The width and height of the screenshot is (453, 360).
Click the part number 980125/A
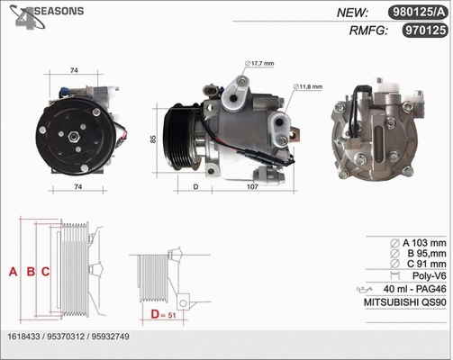pos(419,13)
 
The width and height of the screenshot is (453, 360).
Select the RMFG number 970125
pos(423,31)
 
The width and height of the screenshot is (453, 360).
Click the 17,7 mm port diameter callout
pos(264,63)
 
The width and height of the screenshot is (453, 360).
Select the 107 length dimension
pos(252,186)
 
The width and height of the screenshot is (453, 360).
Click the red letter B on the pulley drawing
pos(30,271)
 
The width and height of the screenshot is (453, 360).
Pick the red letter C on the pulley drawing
pos(44,271)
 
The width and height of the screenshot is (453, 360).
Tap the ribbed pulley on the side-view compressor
pos(183,138)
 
